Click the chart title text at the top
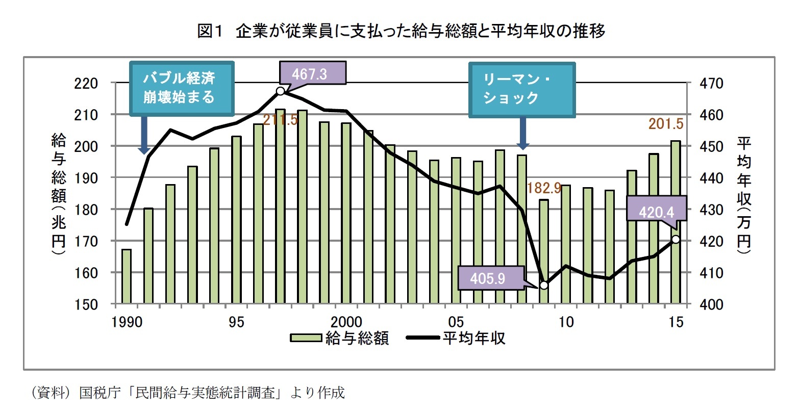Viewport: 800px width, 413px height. coord(401,32)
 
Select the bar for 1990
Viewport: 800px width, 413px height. coord(127,276)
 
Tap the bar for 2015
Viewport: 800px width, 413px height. coord(676,222)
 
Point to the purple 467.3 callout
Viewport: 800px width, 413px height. coord(312,74)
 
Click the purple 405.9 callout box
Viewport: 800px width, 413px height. coord(491,278)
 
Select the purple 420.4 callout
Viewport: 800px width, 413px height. coord(657,211)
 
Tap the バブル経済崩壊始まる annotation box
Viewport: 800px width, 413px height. coord(182,88)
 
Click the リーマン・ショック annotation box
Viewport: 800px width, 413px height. coord(522,89)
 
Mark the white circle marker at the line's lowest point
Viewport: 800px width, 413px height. coord(544,285)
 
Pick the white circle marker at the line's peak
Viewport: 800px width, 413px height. coord(280,91)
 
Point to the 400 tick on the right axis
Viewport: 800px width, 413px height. coord(712,305)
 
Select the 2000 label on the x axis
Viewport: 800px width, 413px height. coord(346,322)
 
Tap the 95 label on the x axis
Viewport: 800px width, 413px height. coord(236,322)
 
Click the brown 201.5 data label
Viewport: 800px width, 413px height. coord(665,124)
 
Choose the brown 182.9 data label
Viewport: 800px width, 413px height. coord(544,188)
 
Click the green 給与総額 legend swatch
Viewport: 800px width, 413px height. coord(306,338)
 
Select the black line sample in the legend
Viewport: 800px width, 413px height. coord(422,338)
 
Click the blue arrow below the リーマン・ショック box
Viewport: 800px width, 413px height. coord(523,133)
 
